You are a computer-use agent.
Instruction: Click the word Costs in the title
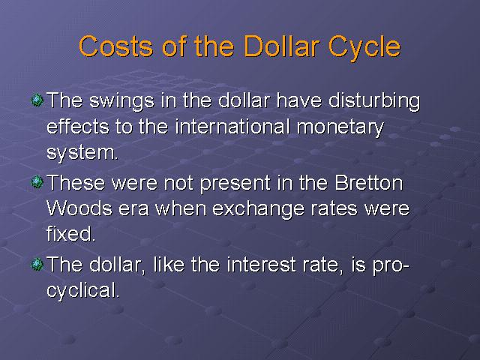(115, 46)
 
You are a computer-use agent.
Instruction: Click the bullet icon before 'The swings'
(37, 100)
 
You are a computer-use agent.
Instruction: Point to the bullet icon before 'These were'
(37, 181)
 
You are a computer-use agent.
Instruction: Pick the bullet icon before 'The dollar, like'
(37, 264)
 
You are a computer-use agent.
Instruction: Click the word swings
(121, 102)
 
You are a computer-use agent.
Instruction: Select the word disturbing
(374, 101)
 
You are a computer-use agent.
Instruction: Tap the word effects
(78, 127)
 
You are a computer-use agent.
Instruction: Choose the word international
(232, 126)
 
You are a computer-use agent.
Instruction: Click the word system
(82, 153)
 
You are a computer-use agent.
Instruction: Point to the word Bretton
(368, 183)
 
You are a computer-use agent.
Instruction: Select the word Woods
(79, 208)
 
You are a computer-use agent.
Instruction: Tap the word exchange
(258, 210)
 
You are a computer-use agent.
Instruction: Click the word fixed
(70, 233)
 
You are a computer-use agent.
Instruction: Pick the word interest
(261, 265)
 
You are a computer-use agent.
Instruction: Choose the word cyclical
(82, 291)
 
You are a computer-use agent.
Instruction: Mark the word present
(235, 184)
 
